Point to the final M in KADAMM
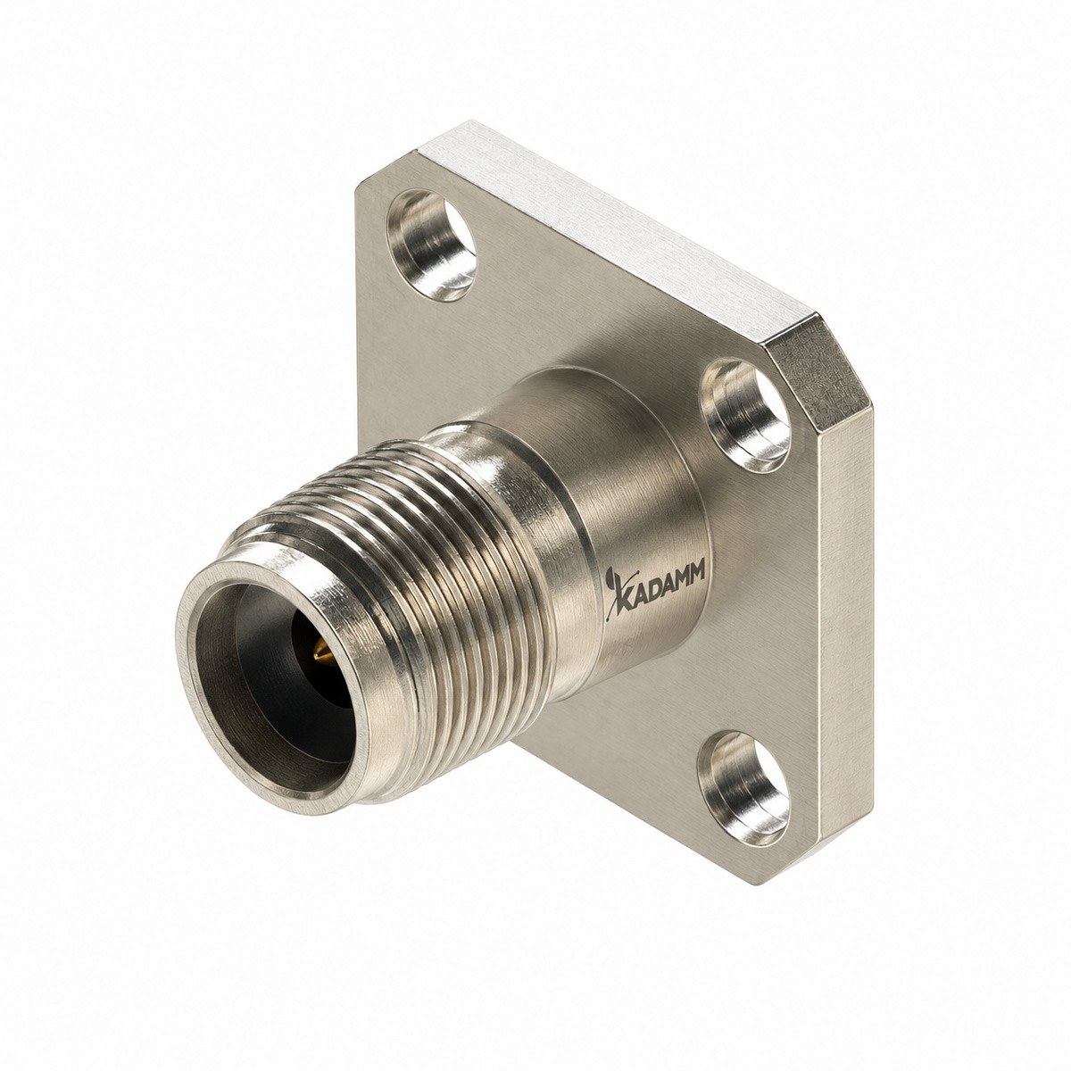pos(697,581)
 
